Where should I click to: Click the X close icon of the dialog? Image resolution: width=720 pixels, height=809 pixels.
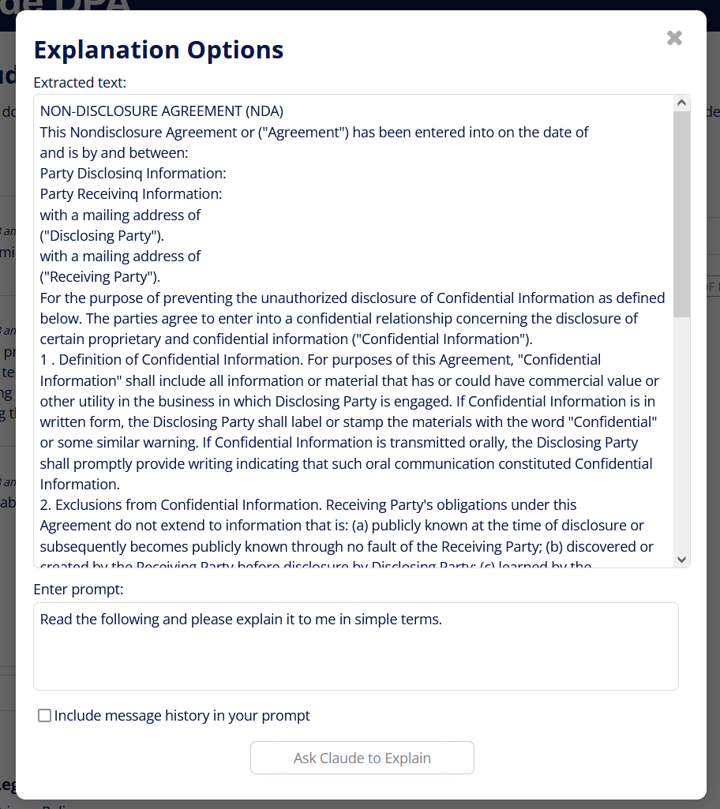[674, 38]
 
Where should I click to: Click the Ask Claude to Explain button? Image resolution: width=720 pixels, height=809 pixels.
[362, 758]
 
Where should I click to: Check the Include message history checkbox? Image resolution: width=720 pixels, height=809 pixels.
[45, 716]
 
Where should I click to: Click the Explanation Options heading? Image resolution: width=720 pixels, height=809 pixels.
[159, 50]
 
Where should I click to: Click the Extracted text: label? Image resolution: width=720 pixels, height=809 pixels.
[80, 82]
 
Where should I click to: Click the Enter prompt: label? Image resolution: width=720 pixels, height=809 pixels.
[78, 590]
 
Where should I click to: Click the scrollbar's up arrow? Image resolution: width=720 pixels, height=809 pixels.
[682, 103]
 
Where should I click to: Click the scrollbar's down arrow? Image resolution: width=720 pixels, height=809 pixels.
[682, 559]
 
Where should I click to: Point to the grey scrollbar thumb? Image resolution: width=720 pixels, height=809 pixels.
[682, 213]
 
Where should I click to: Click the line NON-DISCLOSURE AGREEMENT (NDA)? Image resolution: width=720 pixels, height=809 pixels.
[162, 111]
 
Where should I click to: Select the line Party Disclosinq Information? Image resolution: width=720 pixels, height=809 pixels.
[133, 173]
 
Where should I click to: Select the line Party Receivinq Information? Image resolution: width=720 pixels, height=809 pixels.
[131, 193]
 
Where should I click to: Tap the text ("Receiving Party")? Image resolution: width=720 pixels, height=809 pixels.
[100, 276]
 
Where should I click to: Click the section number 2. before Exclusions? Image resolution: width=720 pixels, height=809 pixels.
[46, 504]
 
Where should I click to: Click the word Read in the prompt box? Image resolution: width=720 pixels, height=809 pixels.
[55, 620]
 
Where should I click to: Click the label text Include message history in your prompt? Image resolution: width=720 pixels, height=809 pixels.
[182, 716]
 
